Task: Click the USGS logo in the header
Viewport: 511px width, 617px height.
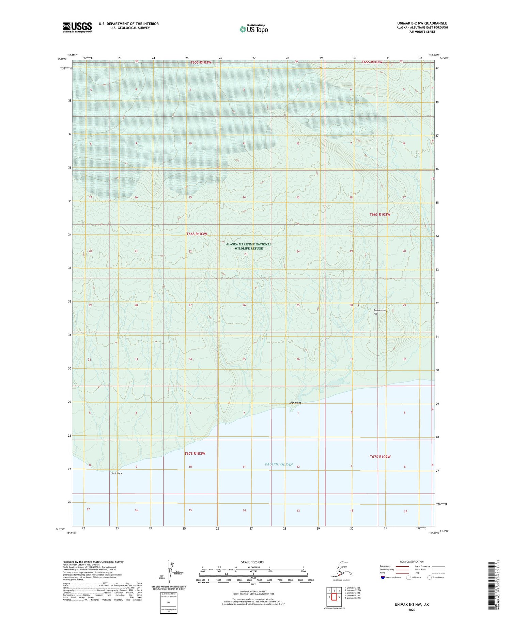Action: coord(77,27)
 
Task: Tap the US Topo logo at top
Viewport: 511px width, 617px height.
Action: coord(253,29)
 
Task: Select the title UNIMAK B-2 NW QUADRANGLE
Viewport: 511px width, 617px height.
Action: coord(420,23)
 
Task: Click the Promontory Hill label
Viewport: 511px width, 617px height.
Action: coord(380,312)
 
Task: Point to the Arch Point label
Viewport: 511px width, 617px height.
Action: coord(295,403)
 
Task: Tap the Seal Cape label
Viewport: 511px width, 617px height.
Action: coord(117,473)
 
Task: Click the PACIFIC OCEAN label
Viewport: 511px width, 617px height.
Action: coord(279,465)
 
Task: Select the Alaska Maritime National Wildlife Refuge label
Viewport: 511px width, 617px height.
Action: coord(249,246)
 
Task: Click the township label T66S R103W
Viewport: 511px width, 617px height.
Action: coord(197,234)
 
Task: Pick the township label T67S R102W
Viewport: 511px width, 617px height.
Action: coord(380,457)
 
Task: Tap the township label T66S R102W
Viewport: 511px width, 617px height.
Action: coord(380,214)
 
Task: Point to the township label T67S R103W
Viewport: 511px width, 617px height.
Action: coord(195,453)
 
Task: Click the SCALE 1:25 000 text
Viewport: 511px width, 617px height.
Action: coord(252,562)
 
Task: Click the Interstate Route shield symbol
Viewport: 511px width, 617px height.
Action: coord(383,577)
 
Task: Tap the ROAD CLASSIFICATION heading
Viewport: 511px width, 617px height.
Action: coord(412,562)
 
